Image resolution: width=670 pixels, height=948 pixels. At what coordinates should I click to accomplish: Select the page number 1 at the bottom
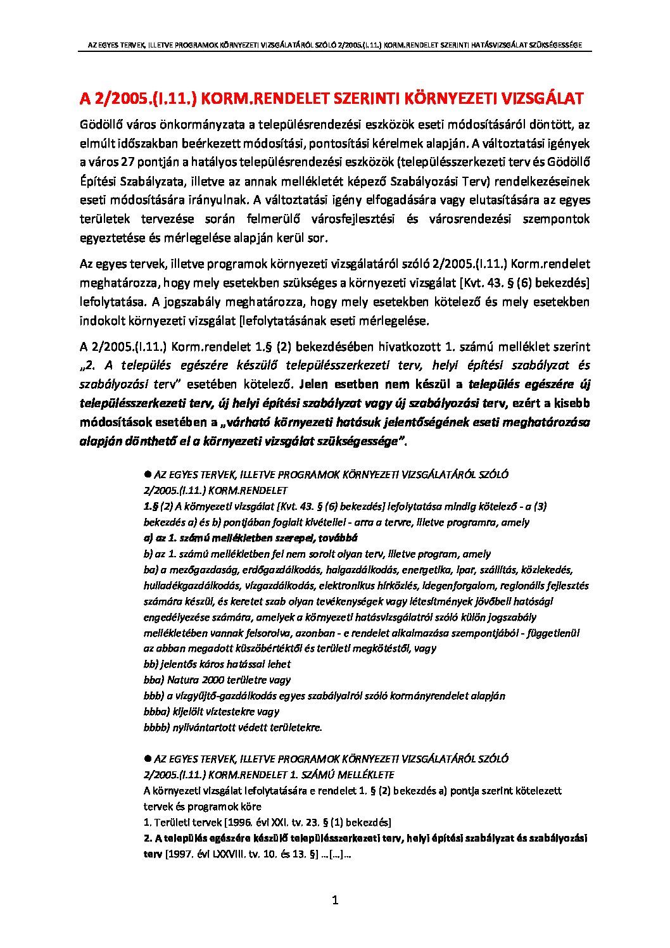click(336, 900)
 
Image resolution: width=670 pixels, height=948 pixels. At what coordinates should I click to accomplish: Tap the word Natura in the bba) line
click(183, 680)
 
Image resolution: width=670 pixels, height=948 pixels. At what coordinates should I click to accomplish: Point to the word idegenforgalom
click(446, 586)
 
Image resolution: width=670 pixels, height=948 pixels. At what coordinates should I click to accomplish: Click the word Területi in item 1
click(172, 823)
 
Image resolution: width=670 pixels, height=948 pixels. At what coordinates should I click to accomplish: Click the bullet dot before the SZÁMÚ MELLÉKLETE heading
click(148, 758)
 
